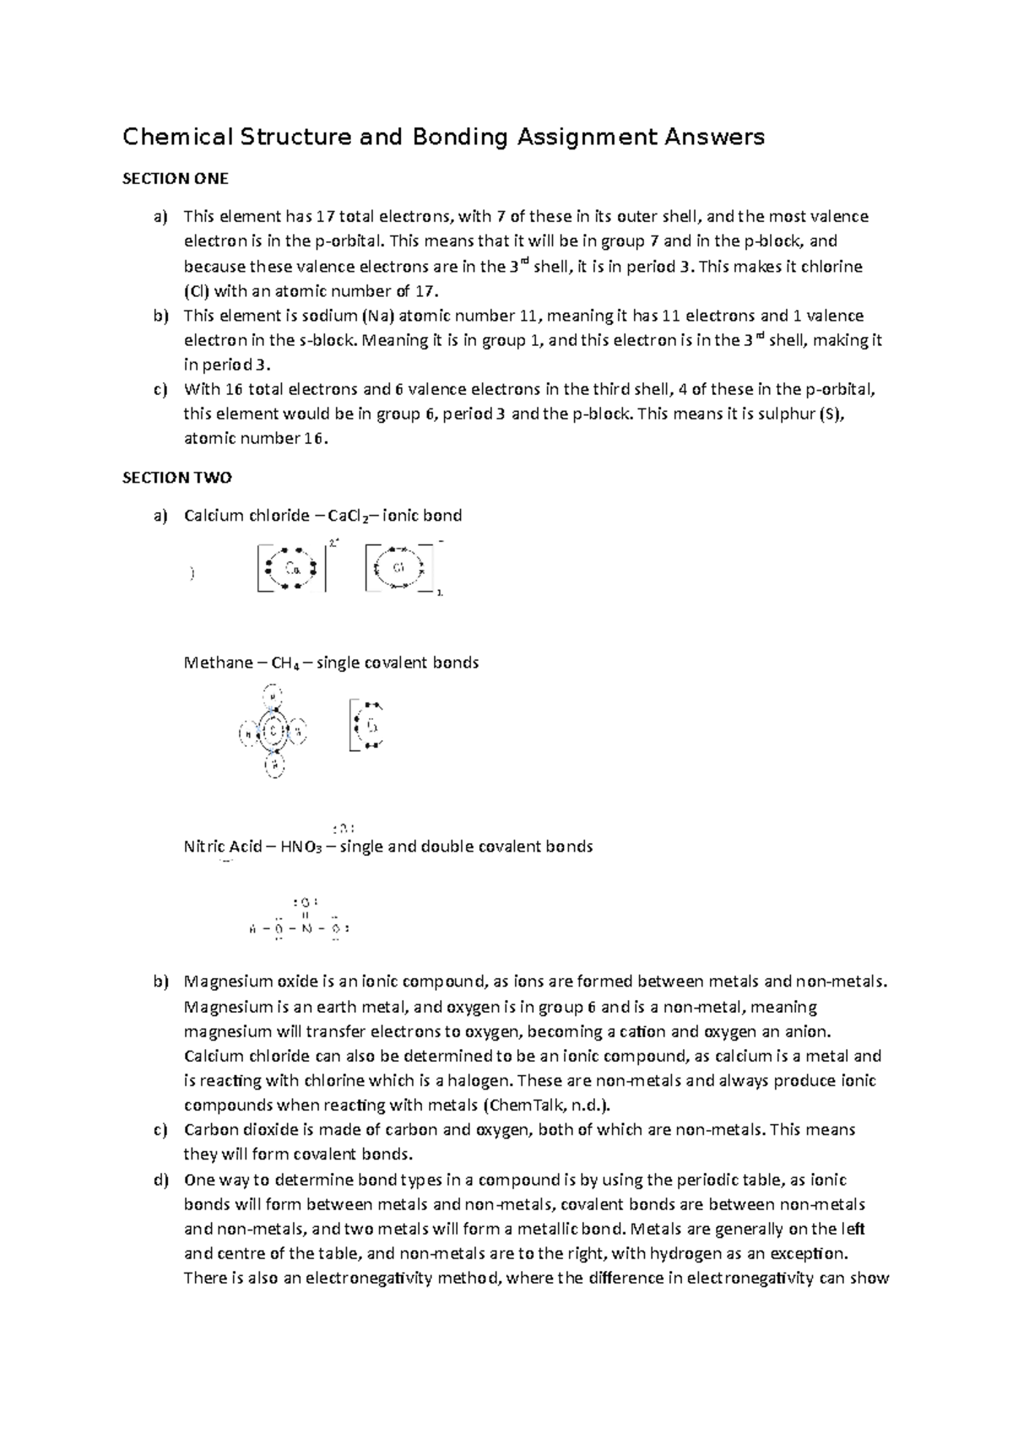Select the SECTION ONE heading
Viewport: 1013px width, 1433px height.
click(x=176, y=179)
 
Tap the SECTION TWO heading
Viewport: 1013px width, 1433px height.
click(x=177, y=478)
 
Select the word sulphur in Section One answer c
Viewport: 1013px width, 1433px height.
click(x=784, y=414)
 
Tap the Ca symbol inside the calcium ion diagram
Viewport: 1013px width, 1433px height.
click(x=292, y=568)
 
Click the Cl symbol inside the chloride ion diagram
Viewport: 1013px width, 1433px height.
click(x=398, y=567)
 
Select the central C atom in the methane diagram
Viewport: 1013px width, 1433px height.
click(x=274, y=731)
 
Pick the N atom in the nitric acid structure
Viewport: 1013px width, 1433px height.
click(x=306, y=929)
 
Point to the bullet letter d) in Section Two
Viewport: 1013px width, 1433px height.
click(x=160, y=1180)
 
